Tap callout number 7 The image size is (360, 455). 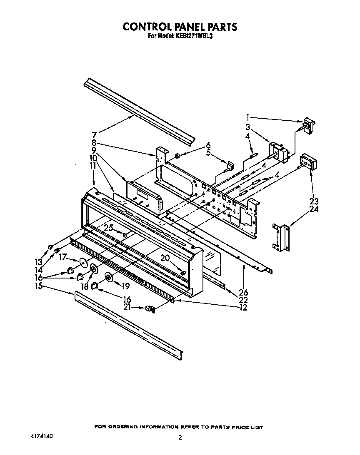coord(94,135)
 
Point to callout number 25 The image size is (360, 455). coord(109,228)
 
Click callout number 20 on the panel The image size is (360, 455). coord(165,258)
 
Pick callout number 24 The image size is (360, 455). coord(314,209)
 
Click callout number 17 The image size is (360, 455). coord(63,257)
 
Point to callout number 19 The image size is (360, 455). coord(125,286)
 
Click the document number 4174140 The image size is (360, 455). coord(42,437)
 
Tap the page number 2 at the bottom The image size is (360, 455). coord(180,438)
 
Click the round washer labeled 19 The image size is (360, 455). coord(109,278)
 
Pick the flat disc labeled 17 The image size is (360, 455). coord(83,262)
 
